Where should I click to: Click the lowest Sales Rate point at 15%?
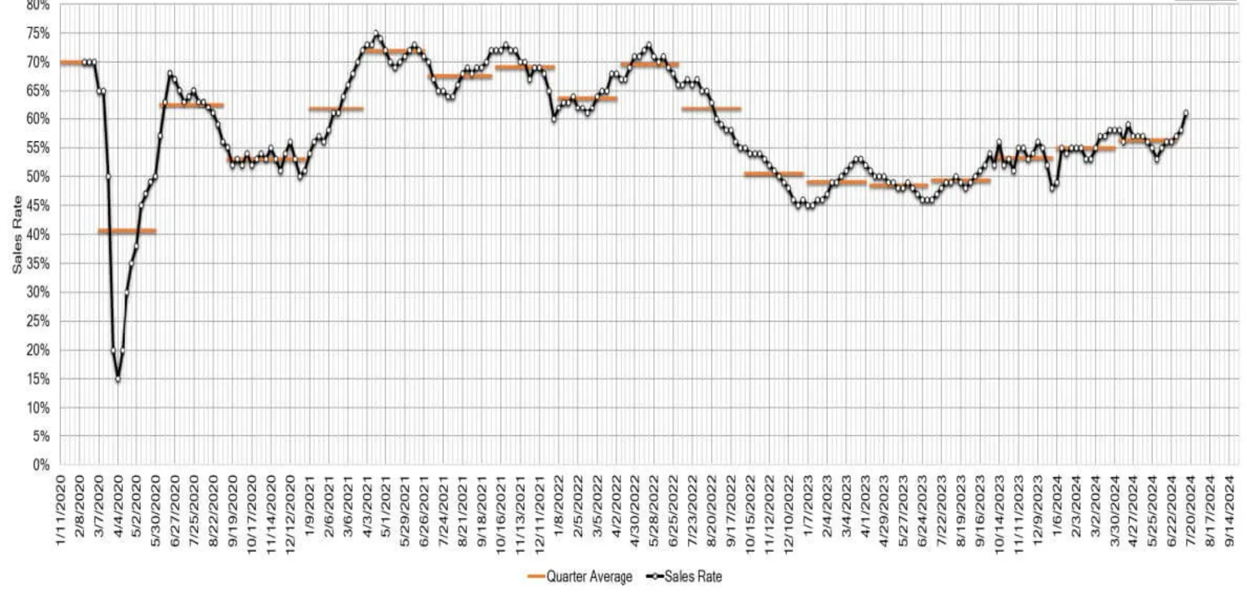(x=118, y=379)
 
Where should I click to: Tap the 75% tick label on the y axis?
(x=38, y=34)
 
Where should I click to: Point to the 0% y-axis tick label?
(x=41, y=465)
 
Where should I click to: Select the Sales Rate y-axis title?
(x=17, y=235)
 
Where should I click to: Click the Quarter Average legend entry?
(x=580, y=576)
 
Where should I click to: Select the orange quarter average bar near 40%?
(x=127, y=231)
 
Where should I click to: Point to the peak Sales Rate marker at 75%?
(x=376, y=34)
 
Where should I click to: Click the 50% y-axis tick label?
(x=38, y=177)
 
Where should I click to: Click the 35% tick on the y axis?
(x=38, y=263)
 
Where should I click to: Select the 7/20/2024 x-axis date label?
(x=1192, y=510)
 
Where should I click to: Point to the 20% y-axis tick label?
(x=38, y=350)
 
